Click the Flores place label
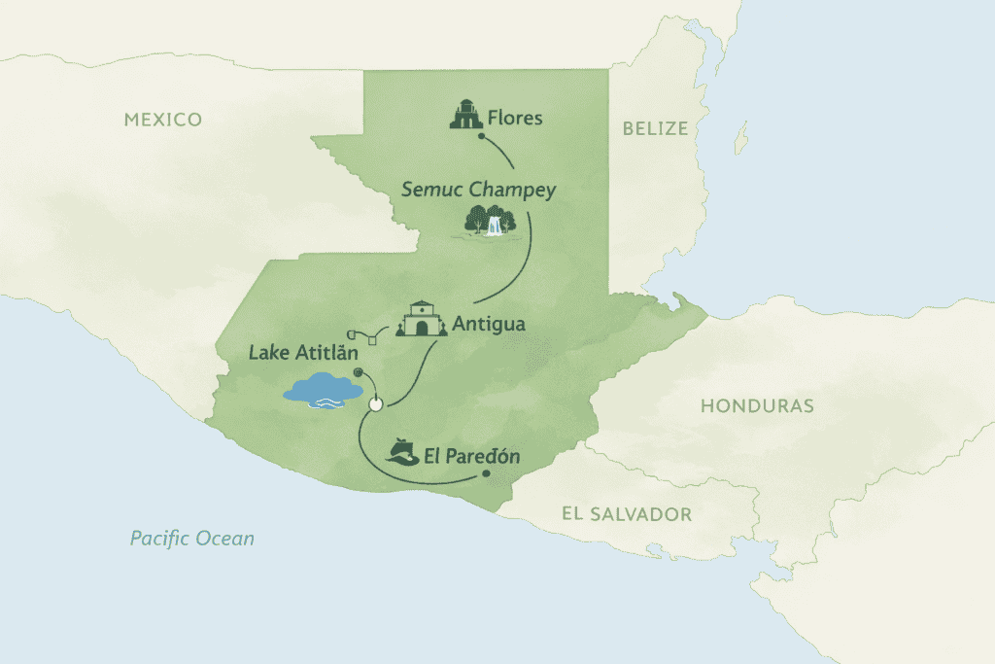point(516,119)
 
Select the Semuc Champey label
point(479,190)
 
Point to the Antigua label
point(489,324)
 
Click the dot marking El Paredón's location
point(486,474)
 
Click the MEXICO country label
point(163,121)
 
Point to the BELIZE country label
point(655,128)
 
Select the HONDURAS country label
point(757,405)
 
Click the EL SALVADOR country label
point(627,514)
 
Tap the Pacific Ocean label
point(192,538)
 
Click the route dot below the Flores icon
point(482,137)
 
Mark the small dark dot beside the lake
point(358,371)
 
